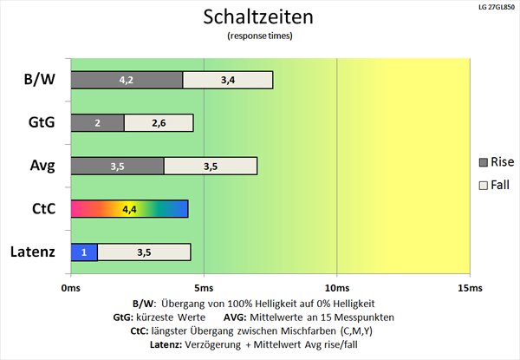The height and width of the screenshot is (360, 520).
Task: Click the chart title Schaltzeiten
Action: pyautogui.click(x=259, y=17)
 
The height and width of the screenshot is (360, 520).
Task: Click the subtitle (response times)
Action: pyautogui.click(x=259, y=36)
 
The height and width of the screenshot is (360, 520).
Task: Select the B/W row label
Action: pyautogui.click(x=39, y=81)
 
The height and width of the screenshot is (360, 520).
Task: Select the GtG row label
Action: pyautogui.click(x=39, y=123)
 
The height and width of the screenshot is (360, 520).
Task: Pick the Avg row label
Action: pyautogui.click(x=39, y=166)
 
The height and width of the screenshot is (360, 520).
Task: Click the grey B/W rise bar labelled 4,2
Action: pyautogui.click(x=127, y=80)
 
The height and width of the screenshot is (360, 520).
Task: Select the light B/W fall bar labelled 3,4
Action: pyautogui.click(x=228, y=80)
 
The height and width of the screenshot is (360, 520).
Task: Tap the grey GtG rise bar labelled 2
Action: pyautogui.click(x=97, y=123)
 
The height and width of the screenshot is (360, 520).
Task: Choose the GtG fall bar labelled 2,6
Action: pyautogui.click(x=159, y=123)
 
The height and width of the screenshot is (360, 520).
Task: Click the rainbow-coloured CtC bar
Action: pyautogui.click(x=128, y=209)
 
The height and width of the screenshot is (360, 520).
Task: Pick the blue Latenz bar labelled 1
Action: pyautogui.click(x=83, y=252)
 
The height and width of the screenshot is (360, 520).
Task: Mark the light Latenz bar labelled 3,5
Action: pyautogui.click(x=144, y=252)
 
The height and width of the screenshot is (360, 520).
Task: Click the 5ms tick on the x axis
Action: pyautogui.click(x=203, y=287)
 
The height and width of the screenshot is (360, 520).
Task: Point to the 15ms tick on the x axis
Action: pyautogui.click(x=469, y=287)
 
